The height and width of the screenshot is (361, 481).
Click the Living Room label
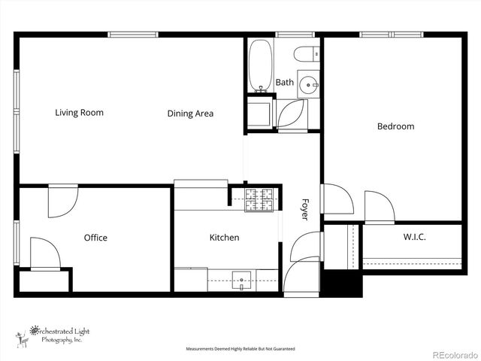point(79,113)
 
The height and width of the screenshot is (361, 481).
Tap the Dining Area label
point(190,114)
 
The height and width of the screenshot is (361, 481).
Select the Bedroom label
point(395,126)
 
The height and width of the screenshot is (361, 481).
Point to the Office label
point(95,238)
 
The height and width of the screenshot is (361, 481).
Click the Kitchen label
point(224,238)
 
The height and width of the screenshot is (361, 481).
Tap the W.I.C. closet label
point(415,238)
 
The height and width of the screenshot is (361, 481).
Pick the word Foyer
point(305,208)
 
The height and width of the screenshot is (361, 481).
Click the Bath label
point(284,83)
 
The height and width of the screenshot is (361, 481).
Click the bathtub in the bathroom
point(260,65)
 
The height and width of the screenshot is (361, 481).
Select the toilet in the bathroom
point(305,53)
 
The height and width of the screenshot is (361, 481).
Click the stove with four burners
point(259,199)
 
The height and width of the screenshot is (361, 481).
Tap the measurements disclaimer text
point(240,349)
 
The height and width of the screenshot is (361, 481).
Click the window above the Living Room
point(133,34)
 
